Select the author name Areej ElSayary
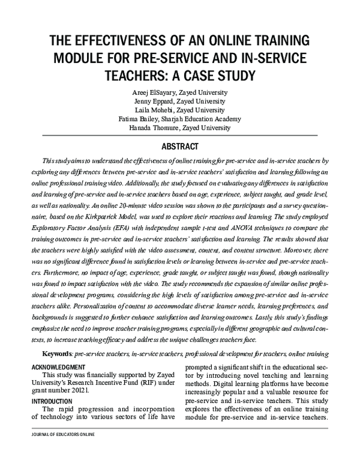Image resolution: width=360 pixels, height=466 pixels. click(149, 92)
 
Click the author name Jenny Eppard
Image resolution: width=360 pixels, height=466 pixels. click(150, 101)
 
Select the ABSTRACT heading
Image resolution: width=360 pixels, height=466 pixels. click(180, 146)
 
